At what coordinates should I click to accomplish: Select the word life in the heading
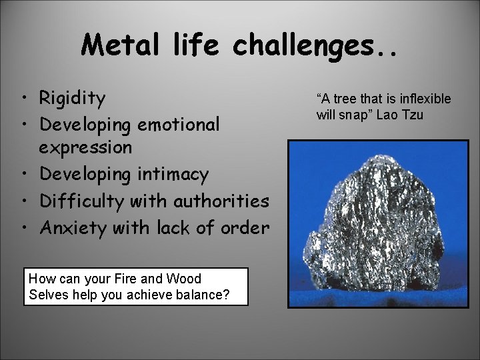[x=203, y=45]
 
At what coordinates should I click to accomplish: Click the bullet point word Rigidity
[x=72, y=99]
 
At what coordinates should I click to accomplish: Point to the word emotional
[x=179, y=125]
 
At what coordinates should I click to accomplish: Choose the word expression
[x=86, y=147]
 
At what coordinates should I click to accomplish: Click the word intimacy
[x=173, y=174]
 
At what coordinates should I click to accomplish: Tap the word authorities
[x=221, y=201]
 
